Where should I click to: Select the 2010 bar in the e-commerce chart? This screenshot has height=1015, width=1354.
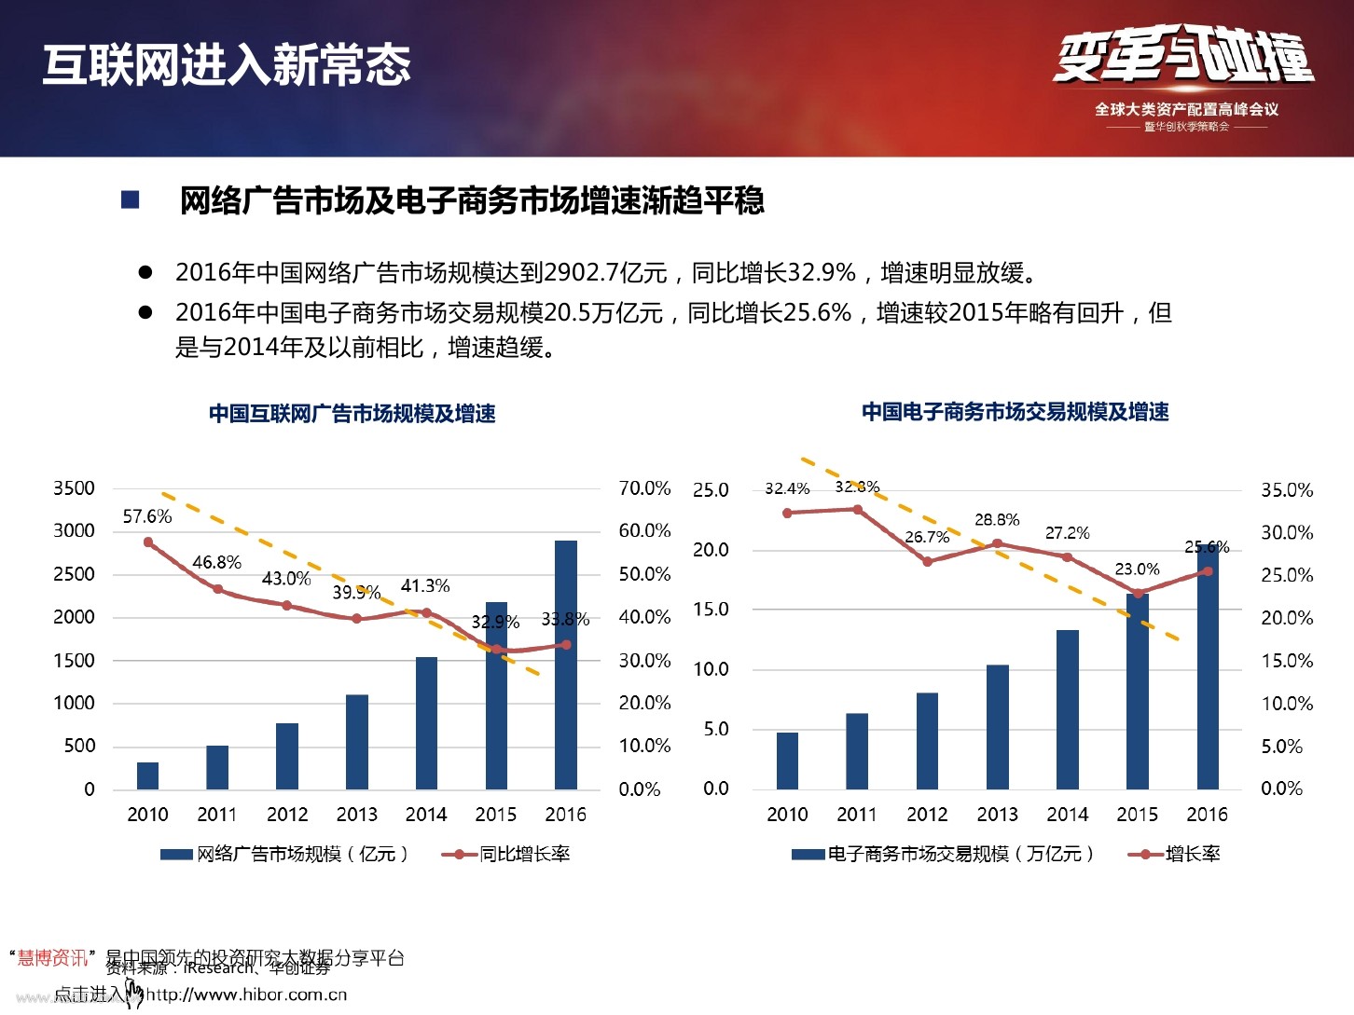point(787,761)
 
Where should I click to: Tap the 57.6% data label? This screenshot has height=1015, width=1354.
point(147,516)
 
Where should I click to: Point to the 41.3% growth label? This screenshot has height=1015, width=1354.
point(425,586)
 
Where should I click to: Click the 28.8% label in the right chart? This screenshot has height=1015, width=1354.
point(997,520)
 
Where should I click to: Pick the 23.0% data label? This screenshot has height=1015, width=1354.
point(1137,569)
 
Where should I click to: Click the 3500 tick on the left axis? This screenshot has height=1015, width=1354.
point(74,488)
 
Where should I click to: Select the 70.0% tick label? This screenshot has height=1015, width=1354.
point(644,488)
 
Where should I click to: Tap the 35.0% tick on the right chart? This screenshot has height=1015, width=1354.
point(1287,490)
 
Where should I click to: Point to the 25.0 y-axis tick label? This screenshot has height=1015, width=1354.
point(711,490)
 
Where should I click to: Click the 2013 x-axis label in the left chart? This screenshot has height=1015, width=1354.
point(356,815)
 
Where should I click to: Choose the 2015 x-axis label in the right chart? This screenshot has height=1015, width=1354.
point(1137,815)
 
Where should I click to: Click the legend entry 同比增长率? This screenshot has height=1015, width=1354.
point(524,854)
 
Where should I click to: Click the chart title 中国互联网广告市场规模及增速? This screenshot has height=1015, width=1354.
point(352,414)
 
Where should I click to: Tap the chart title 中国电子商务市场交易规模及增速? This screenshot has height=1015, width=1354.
point(1015,412)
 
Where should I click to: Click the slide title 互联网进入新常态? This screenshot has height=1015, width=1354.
point(227,65)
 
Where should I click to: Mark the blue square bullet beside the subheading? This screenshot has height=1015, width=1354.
point(131,199)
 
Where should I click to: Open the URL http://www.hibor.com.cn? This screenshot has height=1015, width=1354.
point(246,994)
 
